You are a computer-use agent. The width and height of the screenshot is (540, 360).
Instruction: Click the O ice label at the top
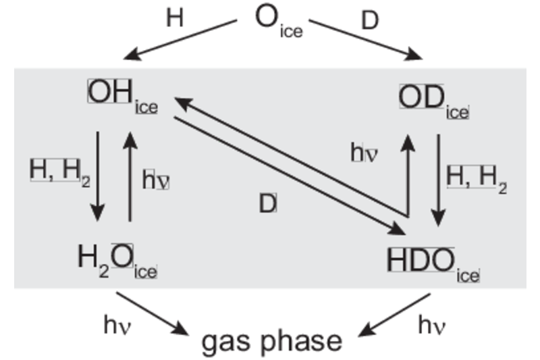pos(279,22)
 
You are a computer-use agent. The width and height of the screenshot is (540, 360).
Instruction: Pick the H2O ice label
pos(117,261)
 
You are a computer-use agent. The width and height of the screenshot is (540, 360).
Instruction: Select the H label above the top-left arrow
pos(175,18)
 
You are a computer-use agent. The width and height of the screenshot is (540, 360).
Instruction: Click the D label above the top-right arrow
pos(370,20)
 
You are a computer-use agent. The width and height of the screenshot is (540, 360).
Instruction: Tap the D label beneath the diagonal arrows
pos(267,203)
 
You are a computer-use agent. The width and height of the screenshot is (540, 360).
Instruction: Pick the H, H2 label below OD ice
pos(477,180)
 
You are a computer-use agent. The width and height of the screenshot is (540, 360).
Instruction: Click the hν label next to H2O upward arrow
pos(156,180)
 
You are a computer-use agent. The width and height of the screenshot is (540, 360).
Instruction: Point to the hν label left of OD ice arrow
pos(364,152)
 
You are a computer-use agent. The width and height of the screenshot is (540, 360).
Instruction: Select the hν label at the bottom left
pos(117,325)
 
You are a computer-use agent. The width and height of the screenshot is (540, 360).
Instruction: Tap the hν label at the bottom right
pos(432,325)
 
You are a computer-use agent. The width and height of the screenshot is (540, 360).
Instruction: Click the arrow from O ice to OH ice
pos(180,40)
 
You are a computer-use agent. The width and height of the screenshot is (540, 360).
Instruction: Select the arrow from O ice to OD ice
pos(366,40)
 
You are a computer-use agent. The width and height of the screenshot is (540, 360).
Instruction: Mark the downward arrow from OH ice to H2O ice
pos(97,176)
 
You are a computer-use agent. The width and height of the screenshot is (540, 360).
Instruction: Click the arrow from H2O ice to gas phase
pos(153,313)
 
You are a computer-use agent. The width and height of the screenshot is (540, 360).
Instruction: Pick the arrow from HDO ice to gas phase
pos(394,315)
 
